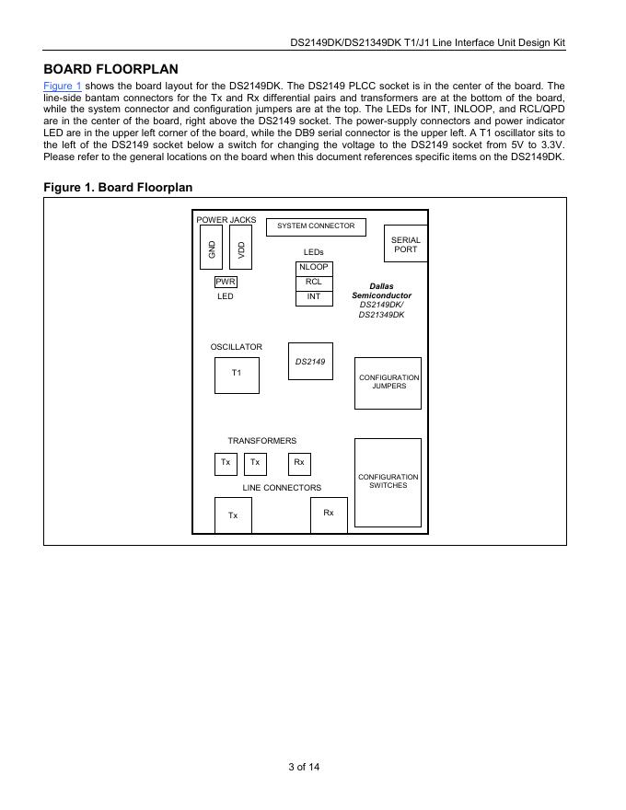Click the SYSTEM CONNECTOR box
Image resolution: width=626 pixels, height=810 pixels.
coord(316,226)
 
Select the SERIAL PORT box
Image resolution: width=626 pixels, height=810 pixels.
coord(405,244)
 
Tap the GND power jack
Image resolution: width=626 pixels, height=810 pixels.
coord(211,248)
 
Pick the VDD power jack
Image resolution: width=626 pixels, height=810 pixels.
coord(240,248)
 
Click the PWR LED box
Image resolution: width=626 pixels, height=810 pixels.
coord(226,282)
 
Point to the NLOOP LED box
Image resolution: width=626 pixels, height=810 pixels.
coord(313,268)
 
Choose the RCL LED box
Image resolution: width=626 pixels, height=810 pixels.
coord(313,283)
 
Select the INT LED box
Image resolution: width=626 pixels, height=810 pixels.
coord(313,297)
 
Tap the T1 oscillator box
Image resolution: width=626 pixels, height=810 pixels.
coord(237,375)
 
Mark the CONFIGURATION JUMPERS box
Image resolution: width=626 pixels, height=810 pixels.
coord(388,383)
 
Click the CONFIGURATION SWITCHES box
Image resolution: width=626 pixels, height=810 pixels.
coord(388,482)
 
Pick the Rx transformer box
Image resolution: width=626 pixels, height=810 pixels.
coord(299,463)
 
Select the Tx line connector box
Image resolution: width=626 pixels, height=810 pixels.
coord(233,515)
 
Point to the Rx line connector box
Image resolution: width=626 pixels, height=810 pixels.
coord(329,514)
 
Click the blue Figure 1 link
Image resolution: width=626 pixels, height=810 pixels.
coord(62,86)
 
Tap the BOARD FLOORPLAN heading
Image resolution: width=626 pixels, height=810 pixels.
coord(110,69)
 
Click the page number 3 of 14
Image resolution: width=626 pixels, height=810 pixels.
coord(304,767)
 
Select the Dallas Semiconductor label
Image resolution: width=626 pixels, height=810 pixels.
coord(381,291)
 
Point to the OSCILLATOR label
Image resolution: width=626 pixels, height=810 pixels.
coord(236,347)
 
